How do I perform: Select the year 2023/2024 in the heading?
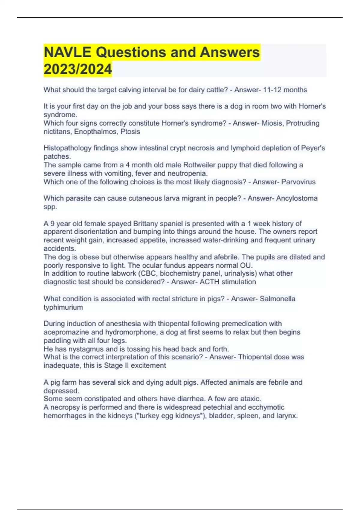tap(78, 69)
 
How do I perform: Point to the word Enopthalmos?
tap(96, 132)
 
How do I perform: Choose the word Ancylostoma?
tap(297, 198)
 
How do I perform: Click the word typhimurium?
tap(63, 307)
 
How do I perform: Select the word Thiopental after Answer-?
tap(256, 357)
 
